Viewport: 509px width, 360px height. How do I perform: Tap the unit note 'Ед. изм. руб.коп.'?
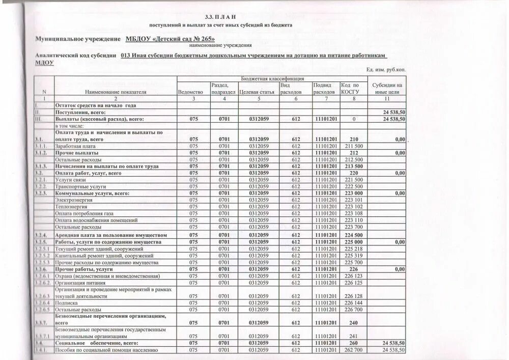coord(386,70)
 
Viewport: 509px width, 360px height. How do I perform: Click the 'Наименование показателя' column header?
coord(116,92)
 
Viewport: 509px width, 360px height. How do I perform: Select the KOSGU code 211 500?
coord(353,146)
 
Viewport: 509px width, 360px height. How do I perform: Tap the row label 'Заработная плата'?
coord(77,146)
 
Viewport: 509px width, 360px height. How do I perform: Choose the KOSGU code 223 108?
coord(353,213)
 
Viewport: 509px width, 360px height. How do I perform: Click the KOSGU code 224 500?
coord(353,235)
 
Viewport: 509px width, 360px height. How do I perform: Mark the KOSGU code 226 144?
coord(353,302)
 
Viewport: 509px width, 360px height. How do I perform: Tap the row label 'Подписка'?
coord(68,302)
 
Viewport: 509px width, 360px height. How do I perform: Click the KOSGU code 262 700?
coord(353,350)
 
